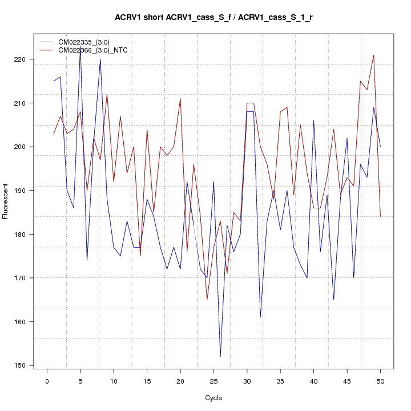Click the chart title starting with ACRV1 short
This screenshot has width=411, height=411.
(213, 18)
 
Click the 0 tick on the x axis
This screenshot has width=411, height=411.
(47, 381)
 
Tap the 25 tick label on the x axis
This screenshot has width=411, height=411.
(213, 381)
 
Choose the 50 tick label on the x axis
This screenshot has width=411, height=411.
(380, 381)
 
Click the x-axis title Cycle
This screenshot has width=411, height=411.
(213, 398)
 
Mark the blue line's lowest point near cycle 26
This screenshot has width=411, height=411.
(220, 356)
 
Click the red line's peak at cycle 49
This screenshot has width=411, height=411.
(373, 55)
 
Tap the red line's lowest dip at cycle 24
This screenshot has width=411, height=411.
(207, 300)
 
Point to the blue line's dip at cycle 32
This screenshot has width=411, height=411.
(260, 317)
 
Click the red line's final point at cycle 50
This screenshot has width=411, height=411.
(380, 216)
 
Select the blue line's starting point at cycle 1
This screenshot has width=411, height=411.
(54, 81)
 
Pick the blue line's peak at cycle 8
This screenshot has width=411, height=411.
(100, 59)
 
